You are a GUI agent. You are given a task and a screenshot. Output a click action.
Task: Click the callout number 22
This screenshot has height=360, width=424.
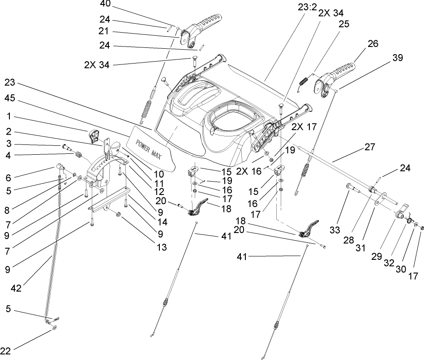(x=5, y=350)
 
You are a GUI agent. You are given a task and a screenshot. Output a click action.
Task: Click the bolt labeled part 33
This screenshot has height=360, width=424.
(x=353, y=188)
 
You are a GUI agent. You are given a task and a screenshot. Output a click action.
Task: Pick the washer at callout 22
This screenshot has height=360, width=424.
(x=54, y=328)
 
